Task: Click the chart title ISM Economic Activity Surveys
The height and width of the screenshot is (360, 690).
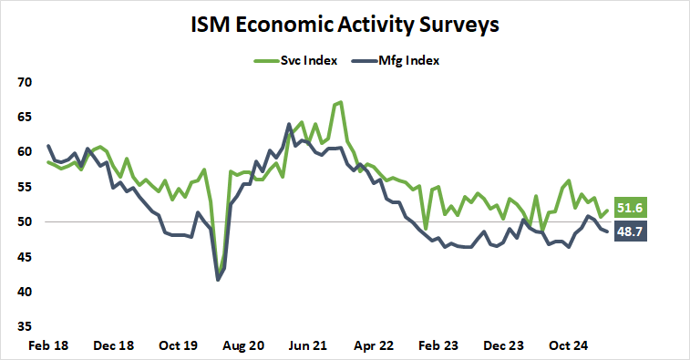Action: [x=345, y=25]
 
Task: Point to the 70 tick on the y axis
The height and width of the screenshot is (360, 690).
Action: [x=25, y=82]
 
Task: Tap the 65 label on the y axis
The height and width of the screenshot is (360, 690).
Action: [x=25, y=117]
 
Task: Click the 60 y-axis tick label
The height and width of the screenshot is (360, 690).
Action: [x=25, y=151]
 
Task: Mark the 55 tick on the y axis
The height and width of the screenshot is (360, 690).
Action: [x=25, y=187]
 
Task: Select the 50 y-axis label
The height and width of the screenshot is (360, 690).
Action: [x=25, y=221]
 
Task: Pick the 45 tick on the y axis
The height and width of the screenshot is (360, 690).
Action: [x=25, y=257]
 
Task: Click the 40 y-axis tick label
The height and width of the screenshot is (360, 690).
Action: [x=25, y=292]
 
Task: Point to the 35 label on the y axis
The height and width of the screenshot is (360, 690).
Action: [x=25, y=326]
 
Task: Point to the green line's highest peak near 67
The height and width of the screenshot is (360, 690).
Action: [x=340, y=102]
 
